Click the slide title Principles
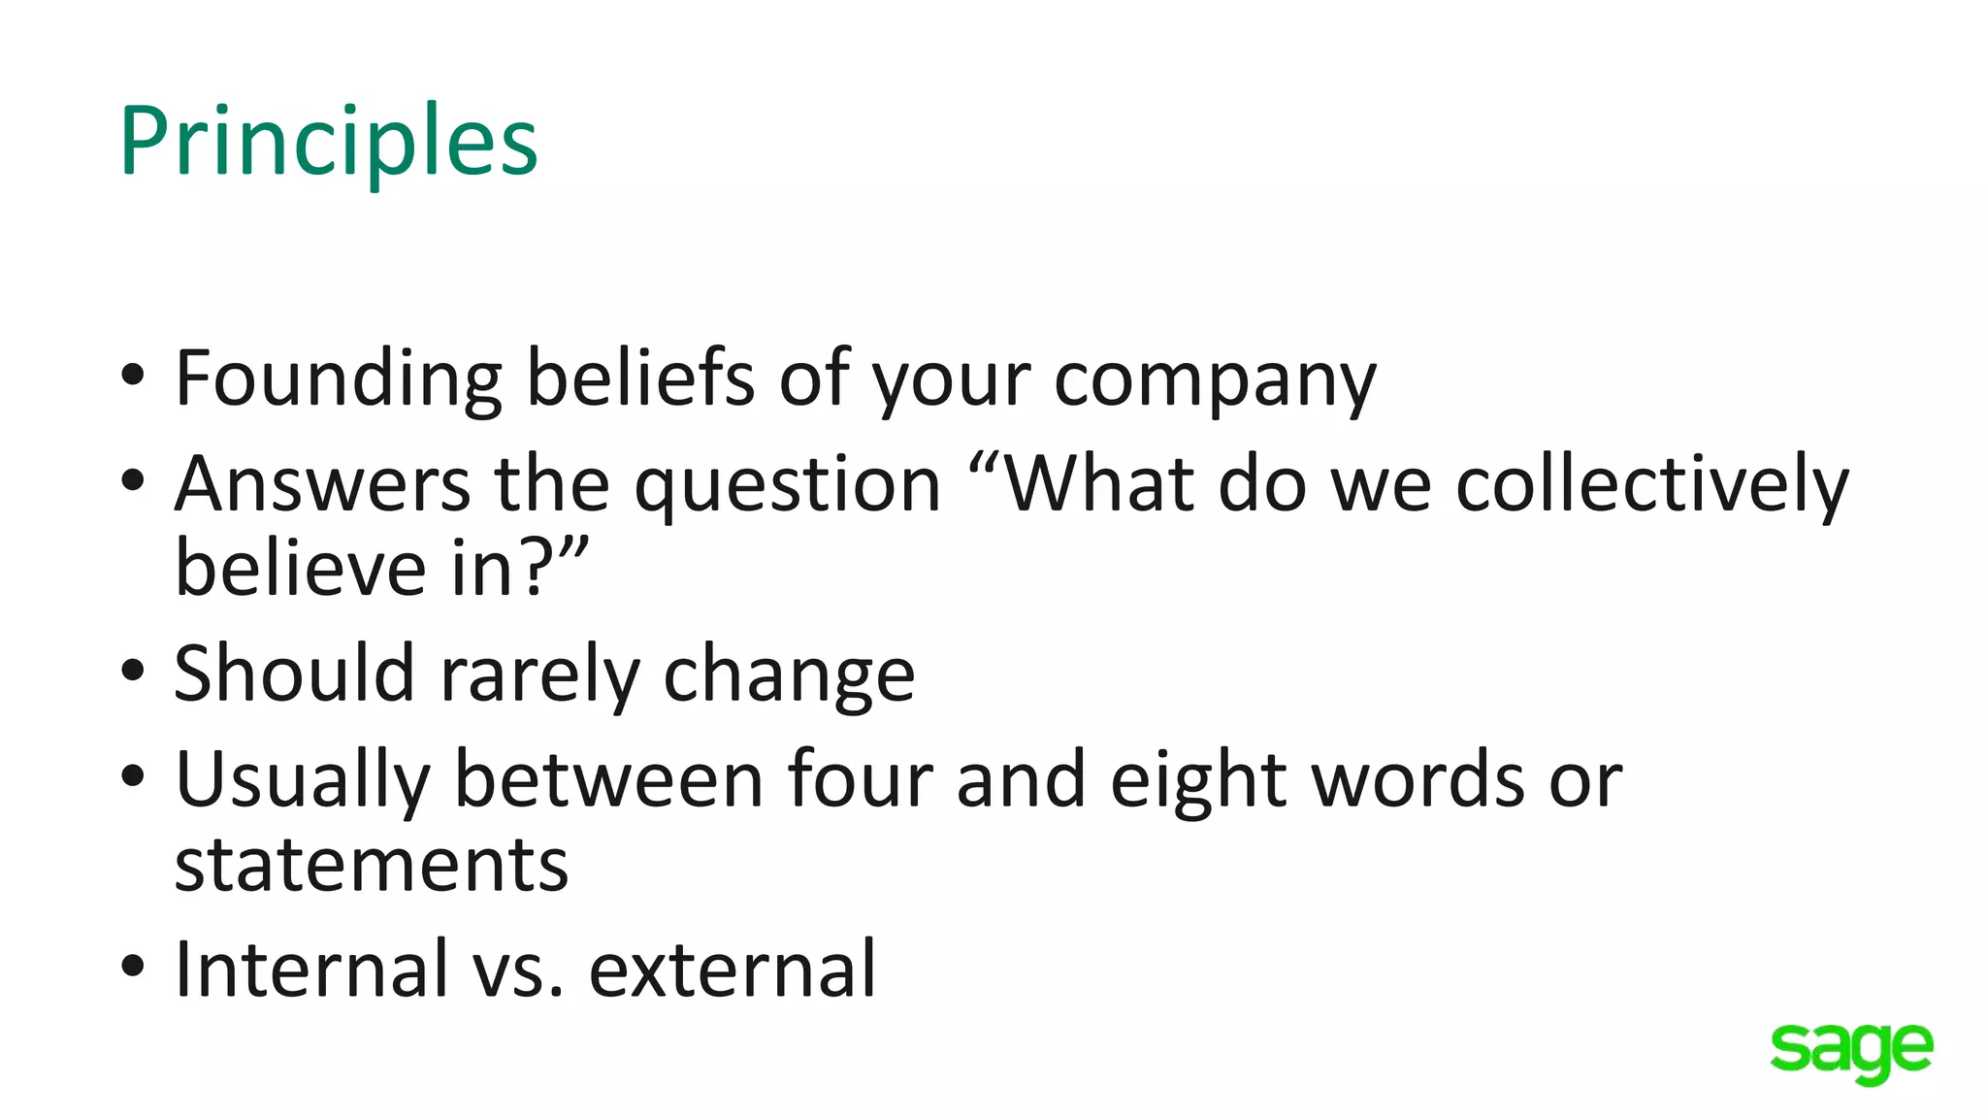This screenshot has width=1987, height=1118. tap(328, 143)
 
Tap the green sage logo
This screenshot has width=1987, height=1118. tap(1851, 1051)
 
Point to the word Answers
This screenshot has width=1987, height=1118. tap(322, 483)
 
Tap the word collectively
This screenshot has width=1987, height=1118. tap(1652, 484)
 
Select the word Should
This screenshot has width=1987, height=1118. tap(294, 674)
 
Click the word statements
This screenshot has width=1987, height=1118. tap(371, 865)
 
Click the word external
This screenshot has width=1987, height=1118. tap(733, 970)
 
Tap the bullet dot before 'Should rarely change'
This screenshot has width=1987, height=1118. tap(133, 671)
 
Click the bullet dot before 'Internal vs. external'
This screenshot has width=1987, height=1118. tap(133, 966)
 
